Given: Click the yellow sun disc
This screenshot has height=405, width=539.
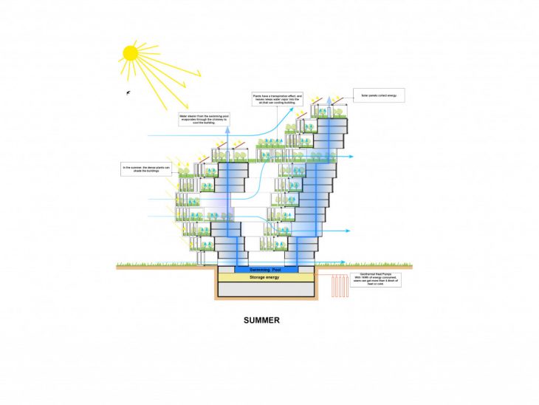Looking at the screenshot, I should (x=131, y=53).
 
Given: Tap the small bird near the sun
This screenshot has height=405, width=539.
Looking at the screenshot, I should (x=129, y=92).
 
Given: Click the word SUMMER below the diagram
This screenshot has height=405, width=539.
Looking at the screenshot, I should (x=261, y=321).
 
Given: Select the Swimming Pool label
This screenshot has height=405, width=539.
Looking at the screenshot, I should (x=266, y=270).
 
